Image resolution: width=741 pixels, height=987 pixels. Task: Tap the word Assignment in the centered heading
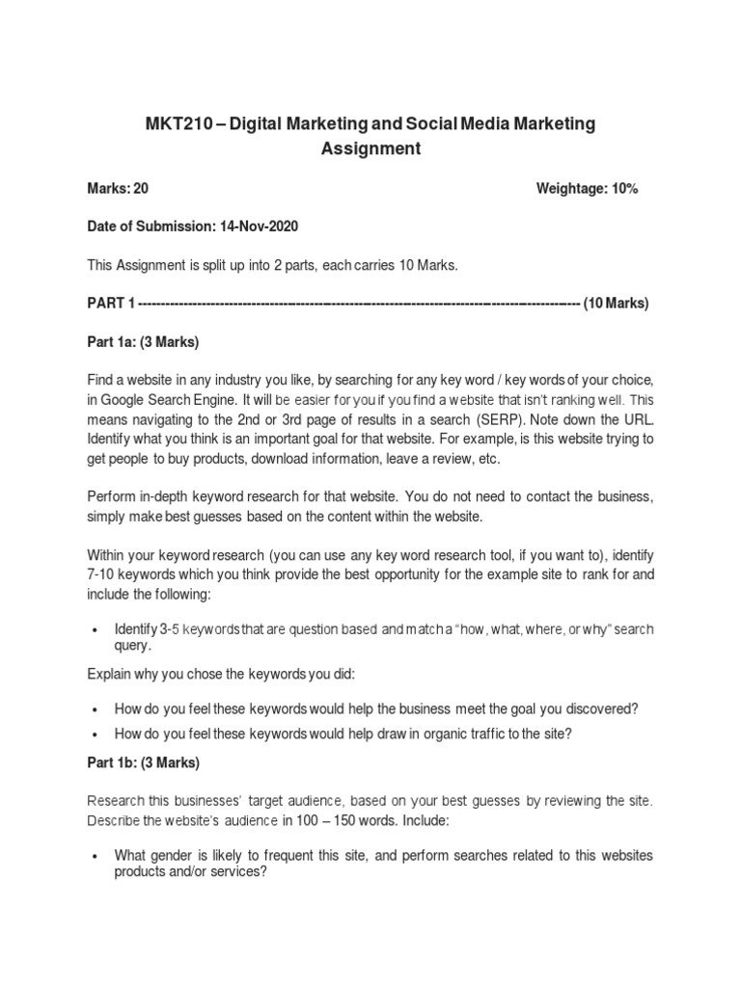pos(370,148)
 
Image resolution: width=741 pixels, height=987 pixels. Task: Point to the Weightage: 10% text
pos(587,189)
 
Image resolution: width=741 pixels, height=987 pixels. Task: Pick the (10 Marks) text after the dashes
pos(617,304)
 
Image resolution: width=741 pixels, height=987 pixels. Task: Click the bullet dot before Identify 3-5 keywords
pos(94,629)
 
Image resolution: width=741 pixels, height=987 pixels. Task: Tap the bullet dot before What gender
pos(94,856)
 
